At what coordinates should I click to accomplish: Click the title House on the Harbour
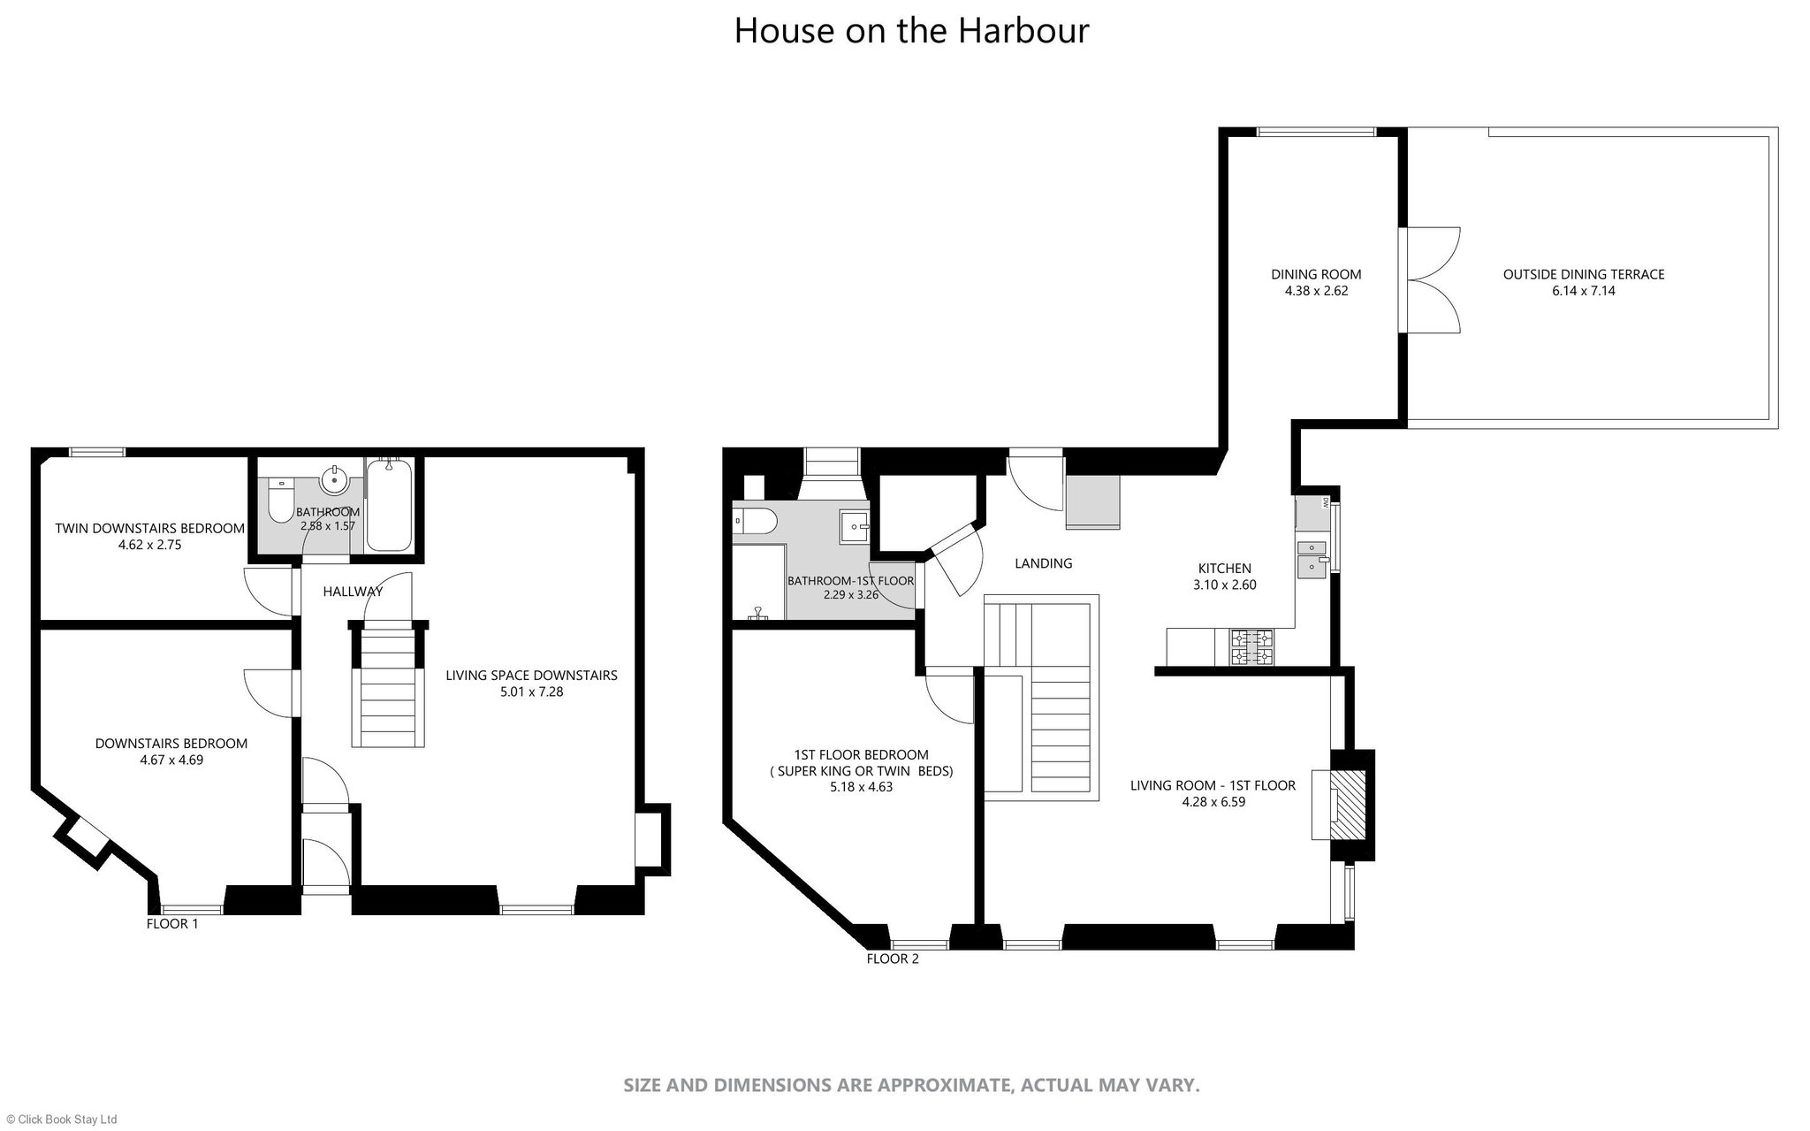[911, 30]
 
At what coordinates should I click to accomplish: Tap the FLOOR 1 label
[172, 924]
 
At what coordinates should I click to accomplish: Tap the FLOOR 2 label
[893, 959]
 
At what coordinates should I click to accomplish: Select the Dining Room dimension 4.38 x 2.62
[1316, 290]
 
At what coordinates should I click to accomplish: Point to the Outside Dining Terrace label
[1584, 274]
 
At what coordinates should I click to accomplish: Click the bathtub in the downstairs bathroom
[389, 505]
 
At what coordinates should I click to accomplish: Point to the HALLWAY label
[353, 592]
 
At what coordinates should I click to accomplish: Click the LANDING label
[1043, 563]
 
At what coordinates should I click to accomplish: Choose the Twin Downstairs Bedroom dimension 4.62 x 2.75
[149, 545]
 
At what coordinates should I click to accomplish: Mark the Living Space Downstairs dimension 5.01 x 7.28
[531, 692]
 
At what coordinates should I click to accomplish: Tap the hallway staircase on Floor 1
[390, 685]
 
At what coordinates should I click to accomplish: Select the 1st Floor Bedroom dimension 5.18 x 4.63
[861, 787]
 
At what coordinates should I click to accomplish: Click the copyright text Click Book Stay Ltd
[62, 1119]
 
